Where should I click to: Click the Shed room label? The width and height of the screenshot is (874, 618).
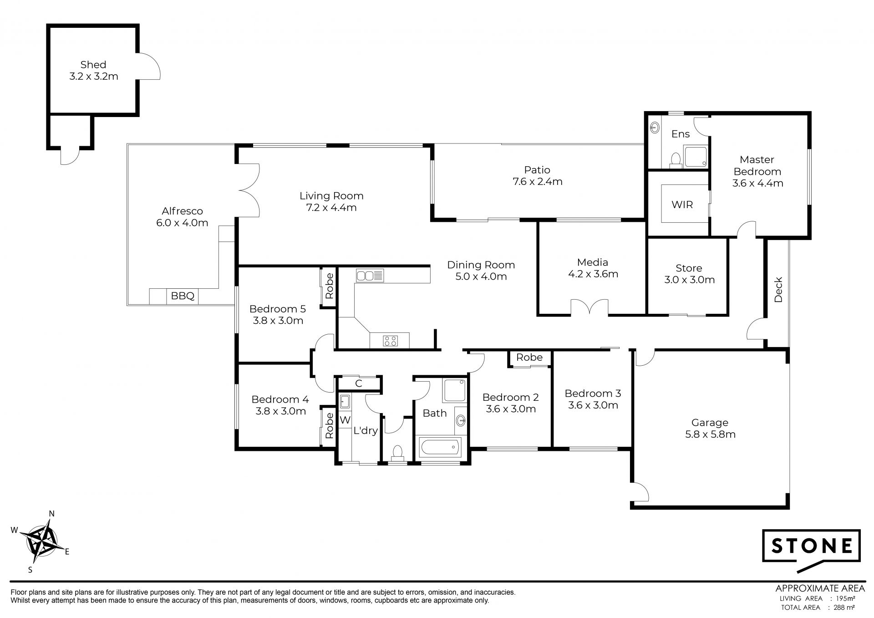[93, 65]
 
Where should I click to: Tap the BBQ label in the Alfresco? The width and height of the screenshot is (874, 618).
[183, 296]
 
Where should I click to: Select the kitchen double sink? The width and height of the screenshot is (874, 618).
[370, 276]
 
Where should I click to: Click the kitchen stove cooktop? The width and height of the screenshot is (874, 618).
[390, 341]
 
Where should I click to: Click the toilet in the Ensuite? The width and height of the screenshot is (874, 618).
[676, 160]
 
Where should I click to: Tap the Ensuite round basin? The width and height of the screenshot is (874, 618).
[655, 127]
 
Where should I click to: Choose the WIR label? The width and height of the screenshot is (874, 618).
[682, 204]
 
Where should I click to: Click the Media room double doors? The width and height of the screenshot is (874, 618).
[590, 307]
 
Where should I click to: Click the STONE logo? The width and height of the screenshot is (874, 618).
[811, 550]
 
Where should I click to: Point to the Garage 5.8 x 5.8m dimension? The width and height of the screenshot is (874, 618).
[710, 434]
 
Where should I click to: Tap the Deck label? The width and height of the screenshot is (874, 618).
[778, 290]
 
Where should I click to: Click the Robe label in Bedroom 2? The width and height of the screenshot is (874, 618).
[529, 358]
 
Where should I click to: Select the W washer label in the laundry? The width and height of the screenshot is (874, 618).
[345, 419]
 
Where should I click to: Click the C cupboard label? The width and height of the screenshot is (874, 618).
[359, 383]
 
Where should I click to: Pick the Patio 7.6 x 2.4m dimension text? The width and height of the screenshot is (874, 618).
[538, 182]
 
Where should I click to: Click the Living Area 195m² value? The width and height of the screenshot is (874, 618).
[845, 598]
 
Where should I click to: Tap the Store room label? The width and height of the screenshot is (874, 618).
[689, 268]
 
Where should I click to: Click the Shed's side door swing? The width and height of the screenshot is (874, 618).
[149, 66]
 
